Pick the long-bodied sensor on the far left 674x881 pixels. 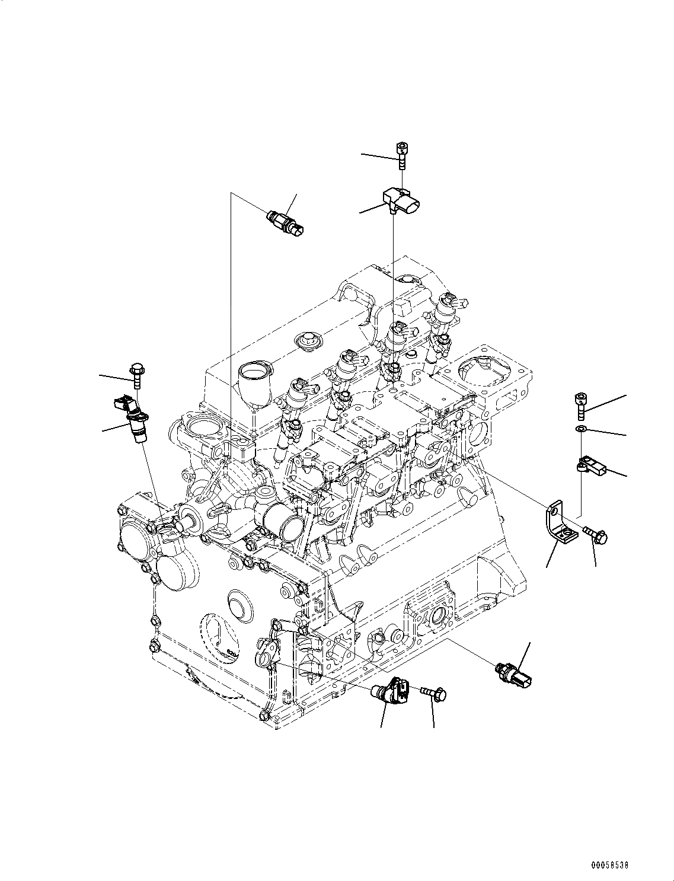[132, 420]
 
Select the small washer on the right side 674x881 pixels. [582, 429]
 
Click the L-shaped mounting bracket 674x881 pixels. [557, 524]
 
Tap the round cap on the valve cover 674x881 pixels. [306, 340]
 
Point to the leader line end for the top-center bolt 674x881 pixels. [363, 155]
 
